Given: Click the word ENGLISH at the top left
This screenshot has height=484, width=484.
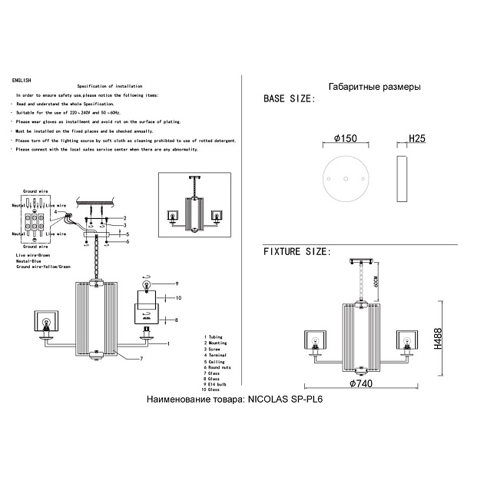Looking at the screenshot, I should pyautogui.click(x=22, y=80).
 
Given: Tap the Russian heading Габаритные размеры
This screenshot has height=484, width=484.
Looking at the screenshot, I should pyautogui.click(x=373, y=87).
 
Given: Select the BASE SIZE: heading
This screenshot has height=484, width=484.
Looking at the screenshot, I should pyautogui.click(x=289, y=100).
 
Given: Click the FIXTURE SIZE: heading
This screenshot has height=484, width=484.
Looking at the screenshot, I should pyautogui.click(x=297, y=251).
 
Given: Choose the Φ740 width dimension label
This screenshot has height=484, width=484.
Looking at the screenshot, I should pyautogui.click(x=360, y=383).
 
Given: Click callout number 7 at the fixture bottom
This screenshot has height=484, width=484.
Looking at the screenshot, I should pyautogui.click(x=141, y=359).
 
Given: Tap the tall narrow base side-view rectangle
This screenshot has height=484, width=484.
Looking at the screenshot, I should pyautogui.click(x=400, y=179).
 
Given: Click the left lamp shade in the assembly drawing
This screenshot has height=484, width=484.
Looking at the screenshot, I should pyautogui.click(x=45, y=321).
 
